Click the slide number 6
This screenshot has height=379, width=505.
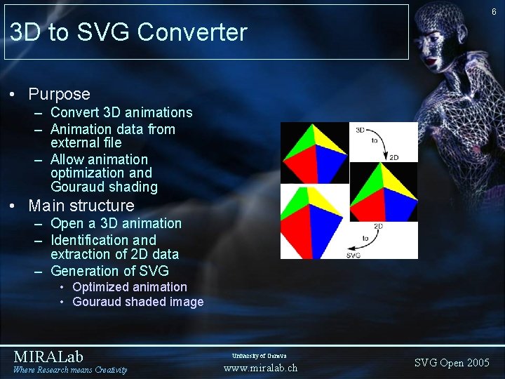point(494,12)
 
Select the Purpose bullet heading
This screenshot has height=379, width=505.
point(59,94)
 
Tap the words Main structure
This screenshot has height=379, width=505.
point(81,206)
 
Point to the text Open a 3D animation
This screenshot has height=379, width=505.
point(116,223)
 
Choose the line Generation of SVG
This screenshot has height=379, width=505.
point(109,271)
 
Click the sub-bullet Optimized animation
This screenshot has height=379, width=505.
point(130,287)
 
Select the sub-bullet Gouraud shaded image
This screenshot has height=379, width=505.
point(137,302)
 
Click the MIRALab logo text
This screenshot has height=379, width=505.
point(48,357)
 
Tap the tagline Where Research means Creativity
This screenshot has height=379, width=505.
point(70,370)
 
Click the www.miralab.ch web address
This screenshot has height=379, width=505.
point(260,368)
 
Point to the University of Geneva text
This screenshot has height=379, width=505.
point(260,356)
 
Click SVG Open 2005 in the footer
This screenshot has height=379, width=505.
point(452,363)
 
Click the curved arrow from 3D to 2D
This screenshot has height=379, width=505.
point(379,142)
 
